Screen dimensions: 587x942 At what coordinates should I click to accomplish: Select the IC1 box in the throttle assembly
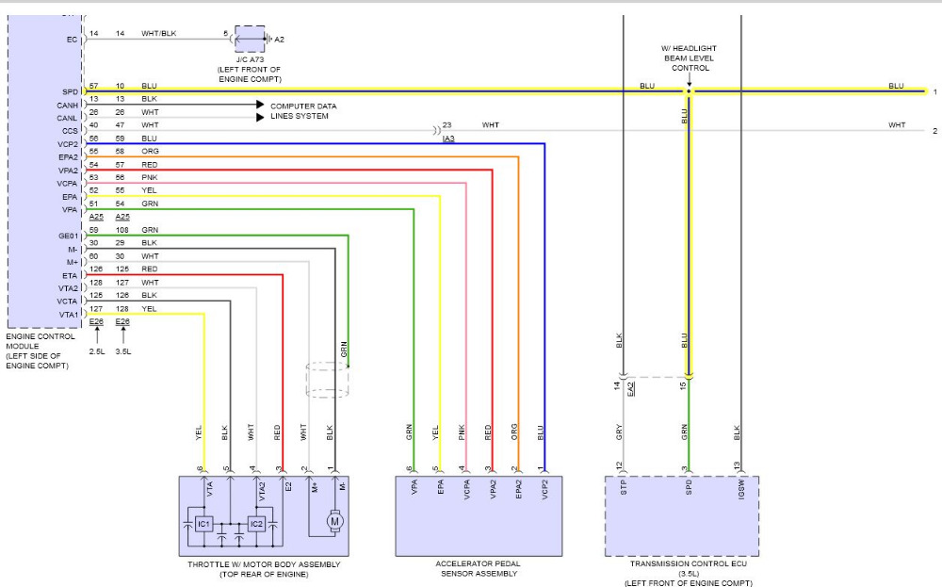(x=203, y=523)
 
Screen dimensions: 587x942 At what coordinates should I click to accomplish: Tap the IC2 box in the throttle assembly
(x=255, y=523)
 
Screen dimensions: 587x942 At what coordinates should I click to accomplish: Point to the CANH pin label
(x=69, y=106)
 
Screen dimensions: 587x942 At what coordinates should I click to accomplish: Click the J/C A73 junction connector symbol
(x=250, y=40)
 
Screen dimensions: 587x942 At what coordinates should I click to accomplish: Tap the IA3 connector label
(x=449, y=139)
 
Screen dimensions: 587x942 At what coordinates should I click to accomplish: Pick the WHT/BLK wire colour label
(x=158, y=34)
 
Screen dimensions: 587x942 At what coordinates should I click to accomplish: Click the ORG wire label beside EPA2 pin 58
(x=150, y=152)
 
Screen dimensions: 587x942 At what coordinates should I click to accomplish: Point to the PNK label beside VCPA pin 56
(x=149, y=177)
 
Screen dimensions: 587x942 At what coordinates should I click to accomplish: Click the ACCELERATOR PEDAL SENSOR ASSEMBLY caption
(x=477, y=569)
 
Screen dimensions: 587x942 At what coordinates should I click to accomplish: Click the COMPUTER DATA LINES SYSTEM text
(x=302, y=111)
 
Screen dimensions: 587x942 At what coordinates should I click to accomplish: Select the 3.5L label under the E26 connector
(x=123, y=351)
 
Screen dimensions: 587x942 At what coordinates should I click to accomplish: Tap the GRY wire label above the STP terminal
(x=620, y=432)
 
